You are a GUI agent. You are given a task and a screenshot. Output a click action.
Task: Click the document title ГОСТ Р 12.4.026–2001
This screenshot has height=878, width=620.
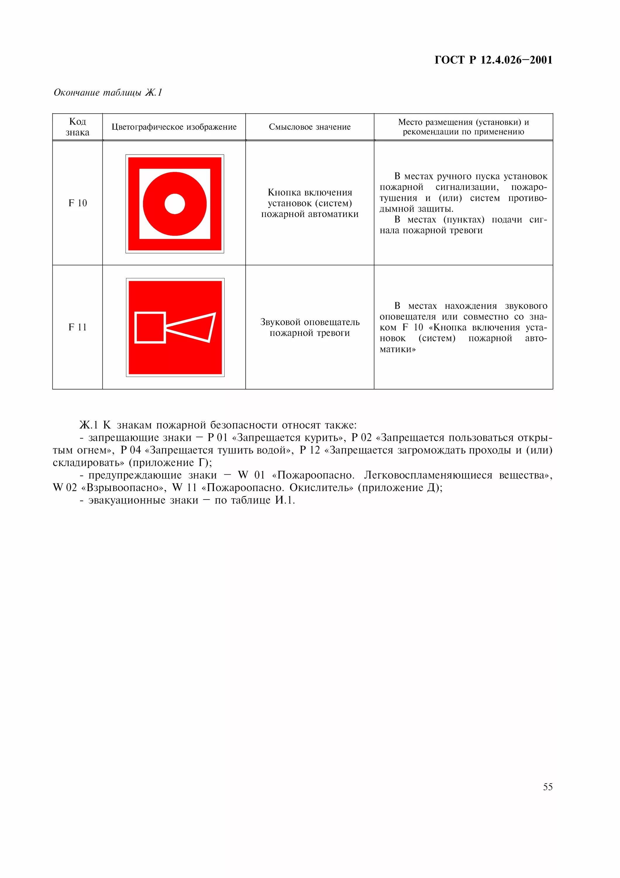(x=493, y=60)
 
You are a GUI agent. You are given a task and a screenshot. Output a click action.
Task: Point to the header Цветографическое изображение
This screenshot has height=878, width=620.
(x=174, y=127)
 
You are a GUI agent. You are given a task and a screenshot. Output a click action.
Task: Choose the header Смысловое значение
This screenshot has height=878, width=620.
(x=309, y=127)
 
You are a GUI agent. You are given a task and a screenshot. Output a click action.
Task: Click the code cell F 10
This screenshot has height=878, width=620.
(x=77, y=203)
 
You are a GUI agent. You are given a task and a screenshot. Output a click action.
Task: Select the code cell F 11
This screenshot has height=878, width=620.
(x=77, y=327)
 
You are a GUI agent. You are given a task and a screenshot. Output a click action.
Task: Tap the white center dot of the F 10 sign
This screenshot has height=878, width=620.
(x=175, y=204)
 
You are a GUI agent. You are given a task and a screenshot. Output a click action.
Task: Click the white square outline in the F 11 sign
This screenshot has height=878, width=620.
(x=150, y=328)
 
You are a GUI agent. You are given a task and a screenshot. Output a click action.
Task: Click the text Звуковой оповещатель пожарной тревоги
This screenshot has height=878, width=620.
(x=309, y=327)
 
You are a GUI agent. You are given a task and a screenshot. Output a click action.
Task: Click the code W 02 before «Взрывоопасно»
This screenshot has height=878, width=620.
(x=65, y=488)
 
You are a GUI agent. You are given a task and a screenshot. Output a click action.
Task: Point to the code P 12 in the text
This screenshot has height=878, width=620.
(x=309, y=450)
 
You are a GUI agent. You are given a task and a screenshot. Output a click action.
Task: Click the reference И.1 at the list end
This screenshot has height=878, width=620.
(x=285, y=500)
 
